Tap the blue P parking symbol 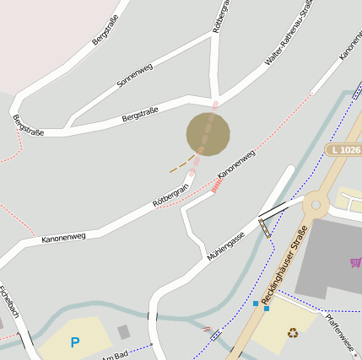[x=75, y=342]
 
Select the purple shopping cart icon [x=355, y=263]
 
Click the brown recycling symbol [x=293, y=332]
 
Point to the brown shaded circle [x=208, y=134]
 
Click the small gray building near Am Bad [x=124, y=331]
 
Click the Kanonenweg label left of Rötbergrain [x=63, y=233]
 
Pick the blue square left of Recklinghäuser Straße [x=255, y=303]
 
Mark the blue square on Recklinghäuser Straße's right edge [x=267, y=308]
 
